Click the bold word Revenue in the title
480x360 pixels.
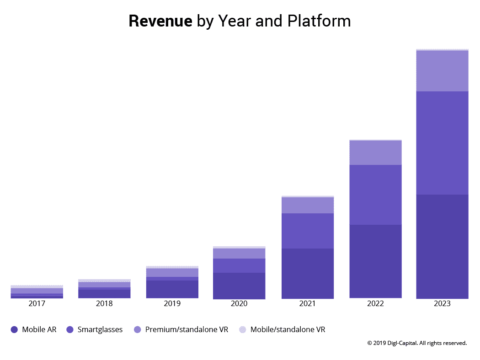point(160,21)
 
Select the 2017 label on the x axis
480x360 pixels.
point(37,304)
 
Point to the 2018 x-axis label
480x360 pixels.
point(104,304)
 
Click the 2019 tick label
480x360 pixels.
point(172,304)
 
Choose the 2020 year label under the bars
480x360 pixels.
point(239,304)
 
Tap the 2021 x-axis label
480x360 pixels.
point(307,304)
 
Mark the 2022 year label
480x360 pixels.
point(375,304)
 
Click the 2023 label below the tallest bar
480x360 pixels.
point(442,304)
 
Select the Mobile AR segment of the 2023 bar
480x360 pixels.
point(442,247)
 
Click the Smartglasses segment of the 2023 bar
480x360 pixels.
point(442,143)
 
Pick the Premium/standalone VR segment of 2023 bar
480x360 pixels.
point(442,71)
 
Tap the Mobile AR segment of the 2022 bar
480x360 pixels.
point(375,261)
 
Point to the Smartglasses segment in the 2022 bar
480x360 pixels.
point(375,195)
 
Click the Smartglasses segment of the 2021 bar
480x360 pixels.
point(307,231)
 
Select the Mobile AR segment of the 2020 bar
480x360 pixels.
point(239,286)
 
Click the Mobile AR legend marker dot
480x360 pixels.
point(14,329)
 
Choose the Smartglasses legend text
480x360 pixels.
point(100,329)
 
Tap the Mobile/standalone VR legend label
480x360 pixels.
point(288,329)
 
